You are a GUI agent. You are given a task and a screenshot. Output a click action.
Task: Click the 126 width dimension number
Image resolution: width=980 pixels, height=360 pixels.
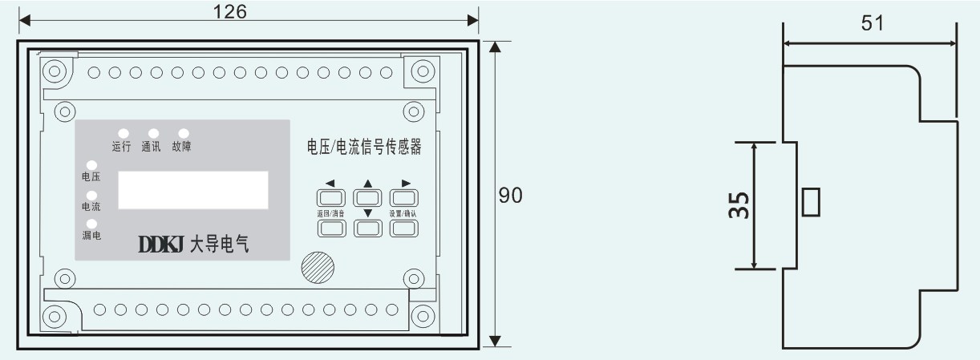(x=231, y=11)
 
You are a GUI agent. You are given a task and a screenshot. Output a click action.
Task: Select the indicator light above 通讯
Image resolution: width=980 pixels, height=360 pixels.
(x=152, y=133)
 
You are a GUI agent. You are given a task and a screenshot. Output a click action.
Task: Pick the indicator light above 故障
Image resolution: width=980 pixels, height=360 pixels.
(x=183, y=133)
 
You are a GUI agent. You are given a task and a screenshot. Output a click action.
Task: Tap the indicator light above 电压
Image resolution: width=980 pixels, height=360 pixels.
(x=91, y=166)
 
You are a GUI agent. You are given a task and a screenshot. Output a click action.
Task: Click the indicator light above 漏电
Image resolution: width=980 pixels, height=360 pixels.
(x=91, y=224)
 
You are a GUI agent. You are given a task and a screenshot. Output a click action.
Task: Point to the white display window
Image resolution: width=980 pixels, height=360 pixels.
(x=193, y=189)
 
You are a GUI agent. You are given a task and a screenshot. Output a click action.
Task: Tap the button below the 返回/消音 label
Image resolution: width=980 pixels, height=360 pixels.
(x=331, y=229)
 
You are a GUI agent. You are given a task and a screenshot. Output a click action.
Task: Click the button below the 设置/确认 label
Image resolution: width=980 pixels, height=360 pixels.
(x=404, y=229)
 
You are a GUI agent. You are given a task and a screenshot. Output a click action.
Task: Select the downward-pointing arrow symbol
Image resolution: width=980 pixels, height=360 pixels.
(x=367, y=213)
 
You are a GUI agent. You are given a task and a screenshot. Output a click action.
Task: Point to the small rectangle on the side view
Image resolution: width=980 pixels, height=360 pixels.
(x=811, y=202)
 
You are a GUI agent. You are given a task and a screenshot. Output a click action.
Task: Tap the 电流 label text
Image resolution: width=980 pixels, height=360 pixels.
(x=91, y=206)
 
